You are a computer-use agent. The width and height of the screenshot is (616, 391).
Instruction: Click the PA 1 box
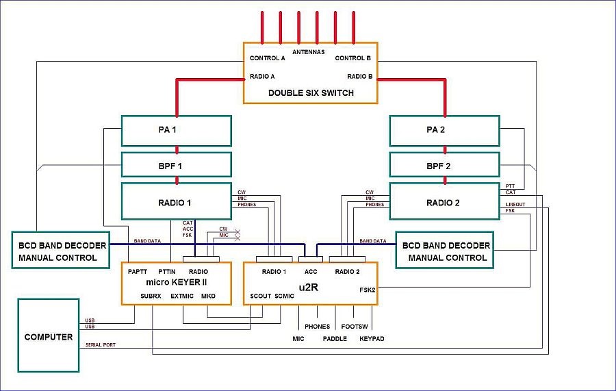coord(176,131)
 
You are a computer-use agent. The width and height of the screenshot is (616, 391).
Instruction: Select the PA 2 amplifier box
coord(444,131)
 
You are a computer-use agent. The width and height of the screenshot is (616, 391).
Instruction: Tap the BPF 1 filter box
coord(176,166)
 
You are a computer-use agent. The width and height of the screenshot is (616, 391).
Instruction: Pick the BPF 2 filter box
coord(444,166)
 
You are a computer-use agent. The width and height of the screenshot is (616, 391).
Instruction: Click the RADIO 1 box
coord(176,202)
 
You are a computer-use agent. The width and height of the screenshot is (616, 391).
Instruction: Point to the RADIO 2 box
coord(444,202)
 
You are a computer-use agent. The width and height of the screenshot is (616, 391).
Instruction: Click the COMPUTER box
coord(49,337)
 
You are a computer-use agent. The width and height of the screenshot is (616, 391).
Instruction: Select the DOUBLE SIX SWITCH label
coord(311,92)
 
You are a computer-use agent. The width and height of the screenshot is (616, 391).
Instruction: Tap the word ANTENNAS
coord(310,52)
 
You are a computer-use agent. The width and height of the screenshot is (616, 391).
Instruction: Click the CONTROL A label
coord(268,58)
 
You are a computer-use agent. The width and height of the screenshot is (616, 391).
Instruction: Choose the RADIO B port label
coord(359,77)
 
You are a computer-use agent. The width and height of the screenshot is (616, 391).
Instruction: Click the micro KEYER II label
coord(176,281)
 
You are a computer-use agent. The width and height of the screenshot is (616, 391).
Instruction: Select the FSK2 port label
coord(368,289)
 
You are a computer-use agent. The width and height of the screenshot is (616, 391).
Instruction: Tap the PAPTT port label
coord(138,271)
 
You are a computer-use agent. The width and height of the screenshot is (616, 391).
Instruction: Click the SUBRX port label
coord(151,297)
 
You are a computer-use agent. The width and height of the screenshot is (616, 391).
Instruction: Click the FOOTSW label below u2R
coord(355,327)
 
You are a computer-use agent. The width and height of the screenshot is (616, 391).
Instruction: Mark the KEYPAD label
coord(372,338)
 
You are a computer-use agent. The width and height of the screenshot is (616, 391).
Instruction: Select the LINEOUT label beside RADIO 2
coord(516,204)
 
